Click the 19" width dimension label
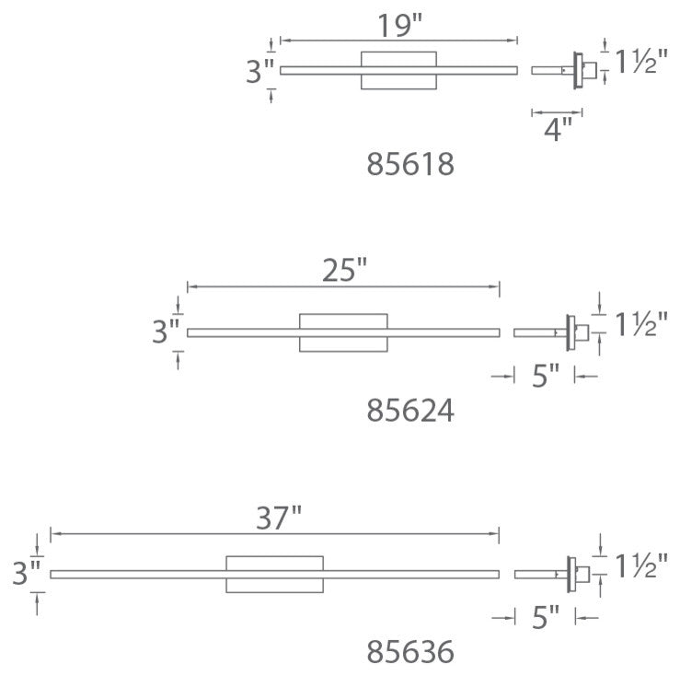click(x=400, y=26)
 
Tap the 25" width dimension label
click(x=344, y=270)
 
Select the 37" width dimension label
click(x=279, y=518)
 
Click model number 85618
click(x=410, y=164)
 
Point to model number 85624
click(x=410, y=411)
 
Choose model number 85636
click(x=410, y=652)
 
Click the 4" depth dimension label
click(x=559, y=129)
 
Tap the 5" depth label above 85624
click(x=546, y=376)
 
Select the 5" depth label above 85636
click(x=546, y=617)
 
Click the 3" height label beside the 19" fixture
click(x=259, y=71)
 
